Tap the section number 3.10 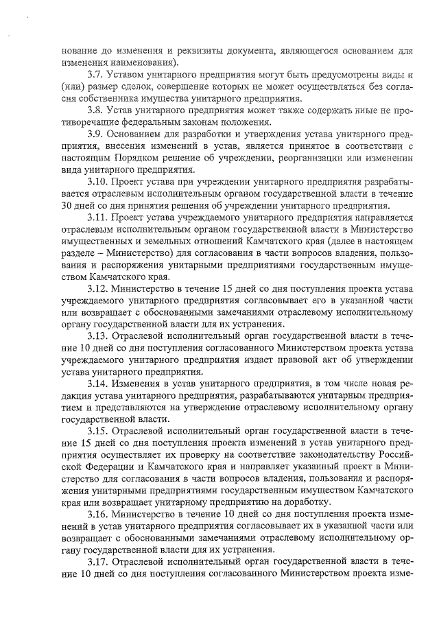click(99, 183)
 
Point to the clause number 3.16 click(99, 513)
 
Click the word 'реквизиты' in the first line click(199, 50)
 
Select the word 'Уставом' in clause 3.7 click(129, 74)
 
